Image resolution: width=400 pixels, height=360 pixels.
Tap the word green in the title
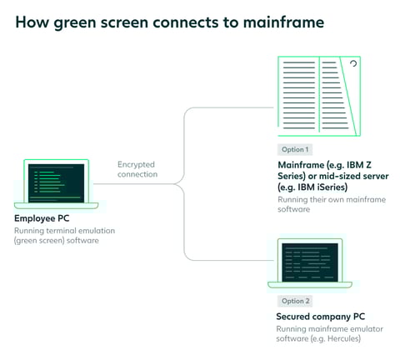pyautogui.click(x=74, y=22)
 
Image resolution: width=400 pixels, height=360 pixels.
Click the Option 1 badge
pyautogui.click(x=294, y=149)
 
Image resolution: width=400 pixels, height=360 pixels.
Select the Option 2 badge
pyautogui.click(x=294, y=301)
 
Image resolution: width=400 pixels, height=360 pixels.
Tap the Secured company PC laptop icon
pyautogui.click(x=310, y=263)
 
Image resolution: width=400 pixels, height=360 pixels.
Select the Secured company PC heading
pyautogui.click(x=319, y=317)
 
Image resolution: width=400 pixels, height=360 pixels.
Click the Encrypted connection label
pyautogui.click(x=137, y=170)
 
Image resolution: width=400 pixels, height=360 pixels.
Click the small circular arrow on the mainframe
pyautogui.click(x=352, y=64)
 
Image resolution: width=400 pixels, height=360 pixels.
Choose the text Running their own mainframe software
pyautogui.click(x=320, y=205)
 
